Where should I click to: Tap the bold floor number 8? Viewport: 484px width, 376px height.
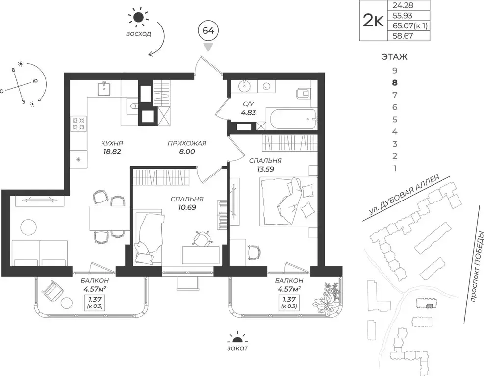coord(395,83)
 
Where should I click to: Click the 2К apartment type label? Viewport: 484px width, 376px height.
coord(373,21)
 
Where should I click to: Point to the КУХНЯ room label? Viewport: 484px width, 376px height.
coord(112,143)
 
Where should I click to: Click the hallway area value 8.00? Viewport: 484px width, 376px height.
coord(187,151)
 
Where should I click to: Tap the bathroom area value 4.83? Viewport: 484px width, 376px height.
coord(249,113)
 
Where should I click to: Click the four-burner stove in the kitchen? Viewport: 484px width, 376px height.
coord(79,123)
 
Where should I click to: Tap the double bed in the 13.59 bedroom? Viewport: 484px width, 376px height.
coord(289,201)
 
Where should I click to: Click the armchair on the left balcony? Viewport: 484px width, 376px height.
coord(53,290)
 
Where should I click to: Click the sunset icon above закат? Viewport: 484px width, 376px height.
coord(237,339)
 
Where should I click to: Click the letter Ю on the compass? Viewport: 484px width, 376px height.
coord(35,82)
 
